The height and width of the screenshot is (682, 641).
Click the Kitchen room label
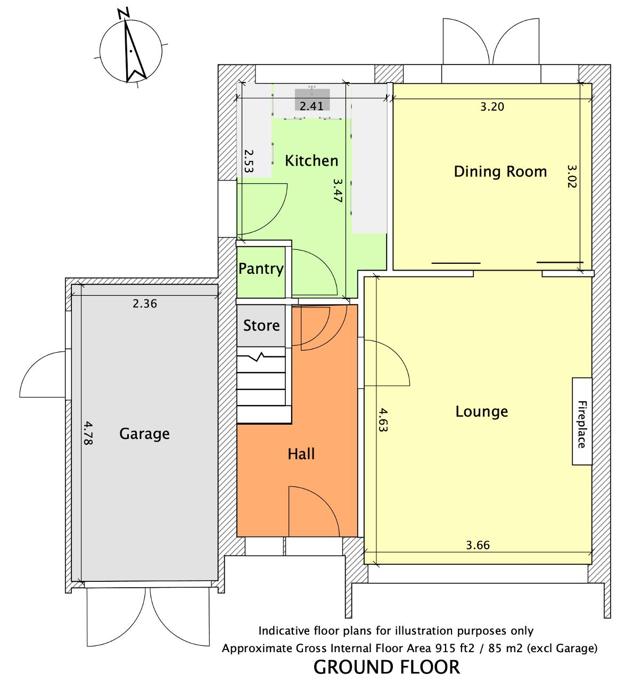pyautogui.click(x=311, y=161)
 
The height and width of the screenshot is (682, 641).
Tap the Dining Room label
pyautogui.click(x=500, y=172)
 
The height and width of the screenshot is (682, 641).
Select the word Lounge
pyautogui.click(x=481, y=412)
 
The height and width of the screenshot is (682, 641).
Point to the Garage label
pyautogui.click(x=144, y=434)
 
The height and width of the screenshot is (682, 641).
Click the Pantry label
pyautogui.click(x=261, y=269)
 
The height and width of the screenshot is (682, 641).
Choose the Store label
pyautogui.click(x=261, y=326)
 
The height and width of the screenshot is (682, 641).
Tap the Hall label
pyautogui.click(x=301, y=454)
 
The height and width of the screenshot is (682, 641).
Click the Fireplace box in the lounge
pyautogui.click(x=582, y=421)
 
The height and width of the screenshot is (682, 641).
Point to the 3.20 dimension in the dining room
pyautogui.click(x=492, y=107)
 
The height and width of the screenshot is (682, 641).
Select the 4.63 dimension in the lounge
pyautogui.click(x=383, y=420)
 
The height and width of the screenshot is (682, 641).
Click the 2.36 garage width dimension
pyautogui.click(x=145, y=304)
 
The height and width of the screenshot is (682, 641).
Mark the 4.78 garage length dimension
pyautogui.click(x=88, y=433)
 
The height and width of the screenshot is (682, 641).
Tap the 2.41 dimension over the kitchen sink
pyautogui.click(x=311, y=106)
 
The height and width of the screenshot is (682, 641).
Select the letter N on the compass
pyautogui.click(x=123, y=13)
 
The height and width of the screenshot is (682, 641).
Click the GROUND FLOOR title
pyautogui.click(x=387, y=667)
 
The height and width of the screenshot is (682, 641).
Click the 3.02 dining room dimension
pyautogui.click(x=572, y=176)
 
